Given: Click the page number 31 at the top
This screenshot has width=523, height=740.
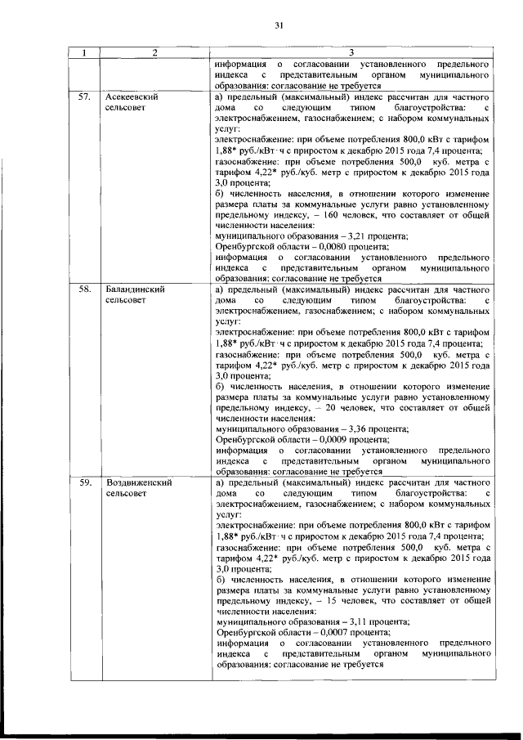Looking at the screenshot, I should pos(278,25).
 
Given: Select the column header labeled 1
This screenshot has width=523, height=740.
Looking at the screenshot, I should pos(83,54).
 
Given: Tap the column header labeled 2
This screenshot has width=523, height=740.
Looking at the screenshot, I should pos(153,54).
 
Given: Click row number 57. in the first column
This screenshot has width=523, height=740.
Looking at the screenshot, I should pos(83,96).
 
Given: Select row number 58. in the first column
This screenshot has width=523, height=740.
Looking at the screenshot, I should pos(83,289).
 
